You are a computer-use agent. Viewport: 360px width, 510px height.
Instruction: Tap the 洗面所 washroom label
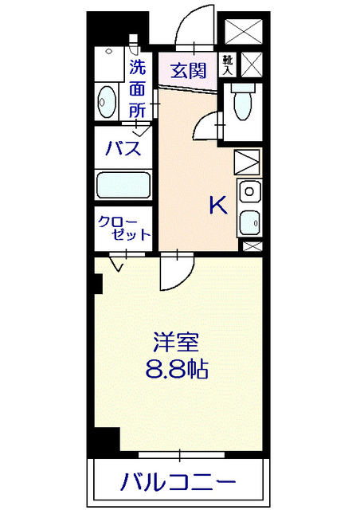pos(139,89)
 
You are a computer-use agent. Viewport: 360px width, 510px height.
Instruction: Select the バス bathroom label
pos(124,147)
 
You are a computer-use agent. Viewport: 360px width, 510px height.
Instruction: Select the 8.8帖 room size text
pos(176,370)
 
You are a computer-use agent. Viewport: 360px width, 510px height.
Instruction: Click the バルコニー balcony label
pos(178,482)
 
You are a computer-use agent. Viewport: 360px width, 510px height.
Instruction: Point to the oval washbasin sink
pos(106,101)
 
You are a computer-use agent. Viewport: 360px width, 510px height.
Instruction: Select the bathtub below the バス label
pos(123,186)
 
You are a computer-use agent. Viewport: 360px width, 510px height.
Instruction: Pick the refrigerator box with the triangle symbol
pos(248,163)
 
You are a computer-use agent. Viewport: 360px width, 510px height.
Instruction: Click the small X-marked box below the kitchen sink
pos(251,246)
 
